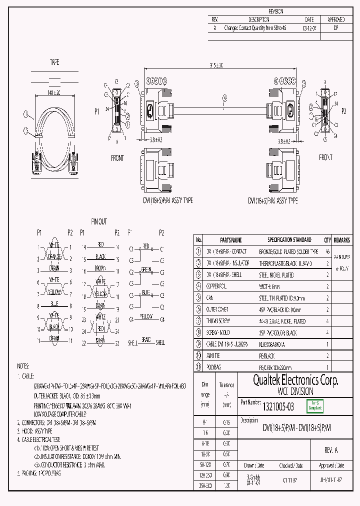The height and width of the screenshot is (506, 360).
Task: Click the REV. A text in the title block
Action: [331, 450]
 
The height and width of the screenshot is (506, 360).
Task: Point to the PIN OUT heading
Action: [98, 222]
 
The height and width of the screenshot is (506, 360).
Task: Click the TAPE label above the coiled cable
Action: [54, 62]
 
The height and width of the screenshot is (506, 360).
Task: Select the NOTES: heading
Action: [24, 366]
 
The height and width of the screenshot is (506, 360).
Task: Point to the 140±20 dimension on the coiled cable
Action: [54, 93]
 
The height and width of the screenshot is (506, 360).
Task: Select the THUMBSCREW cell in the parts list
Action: [218, 321]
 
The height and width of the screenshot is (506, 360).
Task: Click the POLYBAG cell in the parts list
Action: [215, 367]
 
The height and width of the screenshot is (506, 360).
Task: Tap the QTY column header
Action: [327, 239]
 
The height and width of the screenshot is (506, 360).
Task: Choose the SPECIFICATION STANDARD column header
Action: [289, 239]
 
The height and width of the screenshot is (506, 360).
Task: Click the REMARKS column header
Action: [342, 239]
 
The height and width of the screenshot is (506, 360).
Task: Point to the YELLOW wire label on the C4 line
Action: [146, 316]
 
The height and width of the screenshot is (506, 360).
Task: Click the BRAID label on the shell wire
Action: [146, 339]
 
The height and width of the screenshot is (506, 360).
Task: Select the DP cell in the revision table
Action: [335, 28]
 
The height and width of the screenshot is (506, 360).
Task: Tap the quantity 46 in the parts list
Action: [327, 251]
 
